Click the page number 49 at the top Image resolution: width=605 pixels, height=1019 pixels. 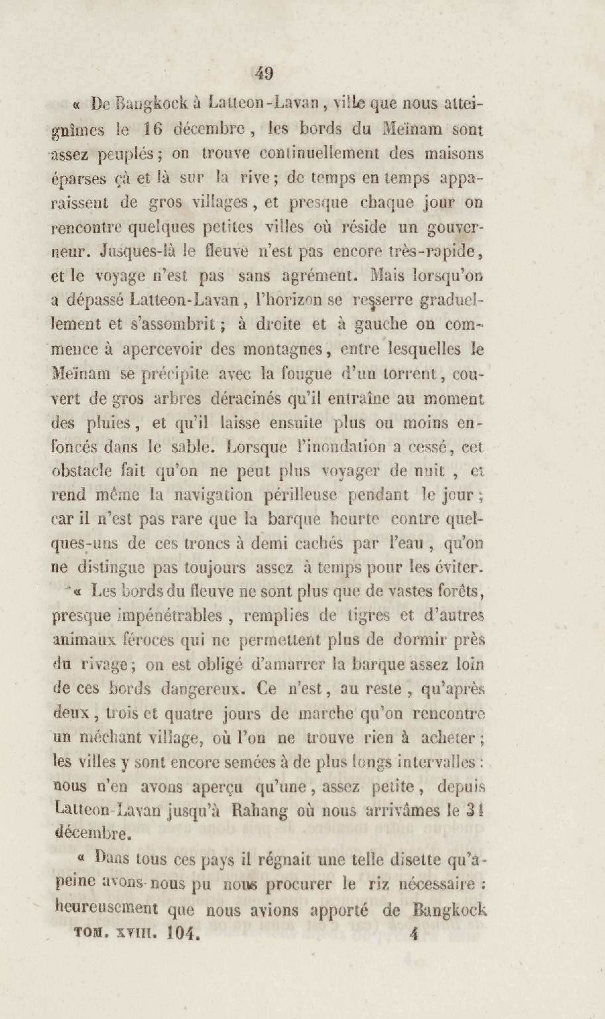coord(264,74)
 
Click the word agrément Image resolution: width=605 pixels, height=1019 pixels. coord(319,276)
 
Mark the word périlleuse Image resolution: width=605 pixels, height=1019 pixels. coord(300,495)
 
